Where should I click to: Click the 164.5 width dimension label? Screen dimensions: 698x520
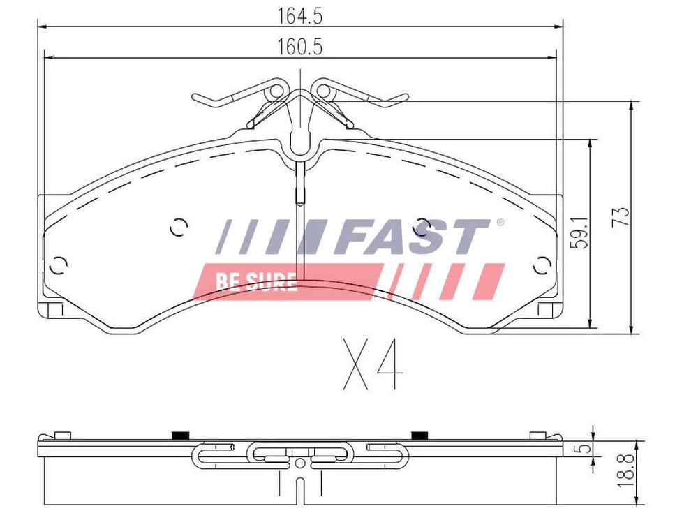click(299, 17)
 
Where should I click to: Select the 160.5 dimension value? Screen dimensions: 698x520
click(299, 47)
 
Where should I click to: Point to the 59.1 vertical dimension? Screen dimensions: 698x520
click(580, 232)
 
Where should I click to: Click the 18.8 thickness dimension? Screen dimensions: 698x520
click(626, 470)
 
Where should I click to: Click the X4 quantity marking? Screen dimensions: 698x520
click(373, 364)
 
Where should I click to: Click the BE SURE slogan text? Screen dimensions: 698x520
click(256, 282)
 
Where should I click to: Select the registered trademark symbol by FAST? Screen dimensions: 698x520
click(500, 222)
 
